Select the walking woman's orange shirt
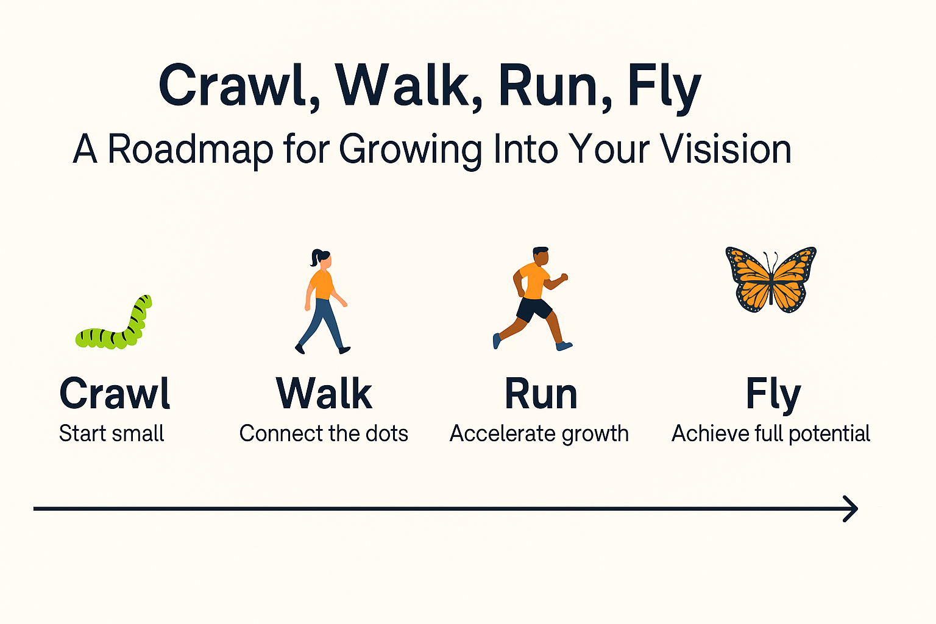point(322,285)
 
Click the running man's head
point(541,255)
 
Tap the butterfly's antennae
point(771,261)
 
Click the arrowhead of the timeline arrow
point(852,508)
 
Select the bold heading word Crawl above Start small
point(115,394)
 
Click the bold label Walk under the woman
point(324,394)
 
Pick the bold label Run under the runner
point(541,394)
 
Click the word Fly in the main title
point(664,87)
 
